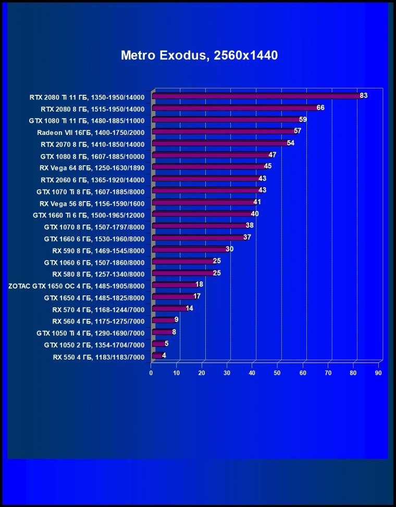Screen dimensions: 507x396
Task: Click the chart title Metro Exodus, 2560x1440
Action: (x=199, y=55)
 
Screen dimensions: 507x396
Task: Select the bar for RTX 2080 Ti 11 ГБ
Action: (x=255, y=96)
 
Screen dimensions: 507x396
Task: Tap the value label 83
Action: (x=364, y=95)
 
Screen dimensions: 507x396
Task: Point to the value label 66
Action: (x=320, y=107)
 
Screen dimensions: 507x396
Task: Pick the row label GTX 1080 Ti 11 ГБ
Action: (x=86, y=120)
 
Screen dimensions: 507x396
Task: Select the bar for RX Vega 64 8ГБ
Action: (x=208, y=167)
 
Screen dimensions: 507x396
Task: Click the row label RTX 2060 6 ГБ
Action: (x=92, y=179)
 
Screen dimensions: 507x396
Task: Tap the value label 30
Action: (x=229, y=249)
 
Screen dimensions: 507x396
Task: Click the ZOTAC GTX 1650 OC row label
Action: (x=76, y=286)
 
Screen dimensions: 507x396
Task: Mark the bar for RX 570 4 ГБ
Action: (x=169, y=309)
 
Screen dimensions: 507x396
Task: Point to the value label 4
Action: (x=164, y=355)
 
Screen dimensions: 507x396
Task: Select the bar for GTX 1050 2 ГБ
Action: (x=158, y=344)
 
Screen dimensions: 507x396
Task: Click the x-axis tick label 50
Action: (x=278, y=373)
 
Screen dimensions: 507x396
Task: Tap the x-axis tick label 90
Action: (x=379, y=373)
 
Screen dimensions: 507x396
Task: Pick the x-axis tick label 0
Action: (x=151, y=373)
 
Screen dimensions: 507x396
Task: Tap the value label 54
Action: (x=291, y=143)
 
